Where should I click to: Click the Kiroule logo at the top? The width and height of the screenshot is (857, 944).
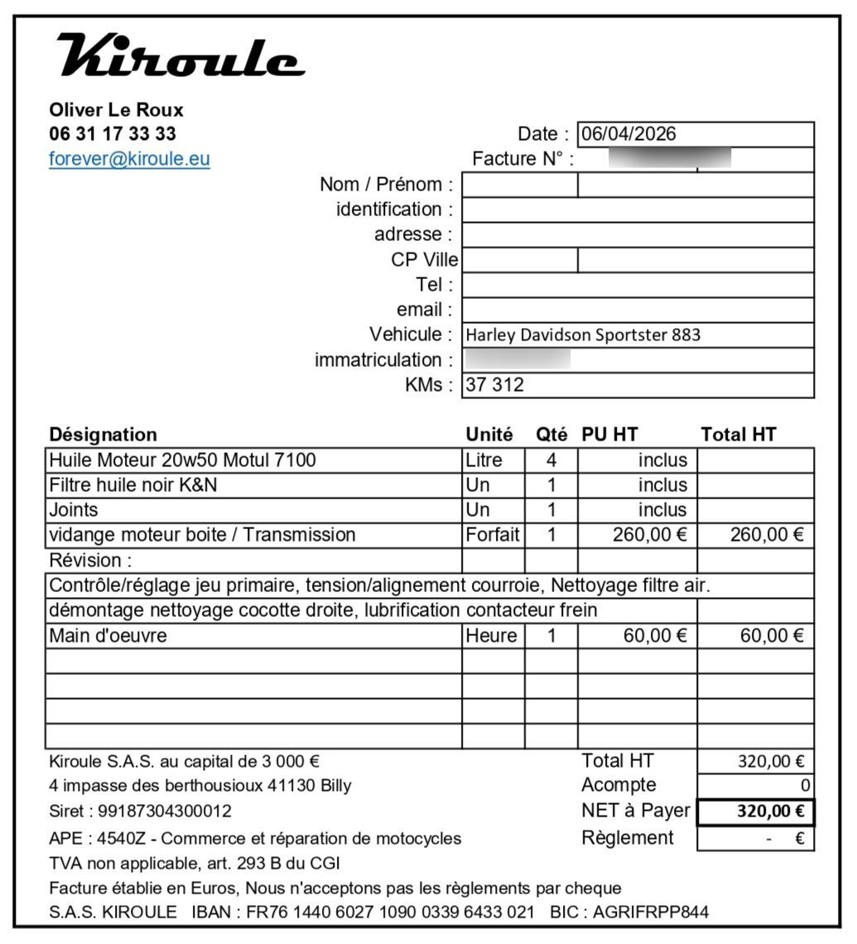(180, 55)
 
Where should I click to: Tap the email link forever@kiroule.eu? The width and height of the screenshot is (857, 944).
(129, 159)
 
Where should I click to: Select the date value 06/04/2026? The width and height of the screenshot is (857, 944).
(628, 134)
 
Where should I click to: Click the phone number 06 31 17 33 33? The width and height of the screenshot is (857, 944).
(113, 134)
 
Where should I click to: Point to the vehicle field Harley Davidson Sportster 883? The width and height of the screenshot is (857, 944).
(583, 335)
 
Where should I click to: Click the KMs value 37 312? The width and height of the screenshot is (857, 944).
(495, 385)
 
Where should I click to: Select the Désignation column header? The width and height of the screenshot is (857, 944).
(103, 435)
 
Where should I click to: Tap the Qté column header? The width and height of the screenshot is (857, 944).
(551, 435)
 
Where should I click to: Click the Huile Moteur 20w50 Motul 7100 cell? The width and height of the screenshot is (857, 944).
(182, 460)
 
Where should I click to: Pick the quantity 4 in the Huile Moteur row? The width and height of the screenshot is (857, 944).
(551, 460)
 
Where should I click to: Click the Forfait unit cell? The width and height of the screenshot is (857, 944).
(493, 535)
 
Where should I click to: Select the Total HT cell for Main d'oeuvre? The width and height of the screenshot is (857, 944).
(767, 636)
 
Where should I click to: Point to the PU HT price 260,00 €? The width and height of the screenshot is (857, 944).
(650, 535)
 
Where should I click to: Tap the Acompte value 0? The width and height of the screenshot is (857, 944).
(805, 786)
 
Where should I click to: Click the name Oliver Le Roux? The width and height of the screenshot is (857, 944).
(116, 110)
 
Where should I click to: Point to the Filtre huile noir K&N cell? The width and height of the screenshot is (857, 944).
(133, 485)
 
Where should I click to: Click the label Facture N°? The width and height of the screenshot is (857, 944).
(522, 159)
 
